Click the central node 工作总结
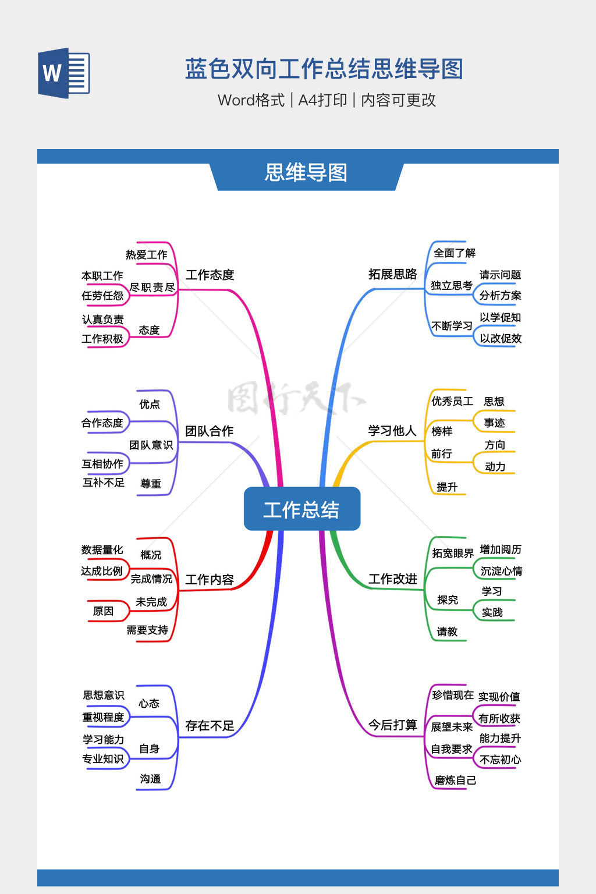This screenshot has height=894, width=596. [301, 509]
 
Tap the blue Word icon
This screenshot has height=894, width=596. [64, 73]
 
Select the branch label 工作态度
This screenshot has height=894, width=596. [210, 275]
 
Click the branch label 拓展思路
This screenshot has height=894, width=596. [392, 274]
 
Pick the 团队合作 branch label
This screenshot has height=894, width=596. [209, 431]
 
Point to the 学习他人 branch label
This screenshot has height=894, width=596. [392, 431]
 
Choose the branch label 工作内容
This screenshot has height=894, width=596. [210, 580]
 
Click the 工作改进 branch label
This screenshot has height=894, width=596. [392, 579]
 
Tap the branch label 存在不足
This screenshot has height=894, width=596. [210, 726]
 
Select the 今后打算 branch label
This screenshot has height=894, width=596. [392, 725]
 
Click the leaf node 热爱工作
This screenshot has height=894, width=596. [146, 255]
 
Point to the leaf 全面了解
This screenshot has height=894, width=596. [455, 253]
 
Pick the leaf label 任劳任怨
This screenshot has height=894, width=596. [102, 296]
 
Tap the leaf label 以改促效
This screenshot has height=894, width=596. [501, 339]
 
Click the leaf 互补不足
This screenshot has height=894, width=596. [104, 483]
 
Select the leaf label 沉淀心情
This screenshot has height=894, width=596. [501, 571]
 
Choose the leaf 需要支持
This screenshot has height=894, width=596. [147, 630]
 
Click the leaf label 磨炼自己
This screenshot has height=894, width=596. [455, 781]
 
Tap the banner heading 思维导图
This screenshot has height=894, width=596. [306, 173]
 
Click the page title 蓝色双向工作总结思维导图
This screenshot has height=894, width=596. [324, 69]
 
